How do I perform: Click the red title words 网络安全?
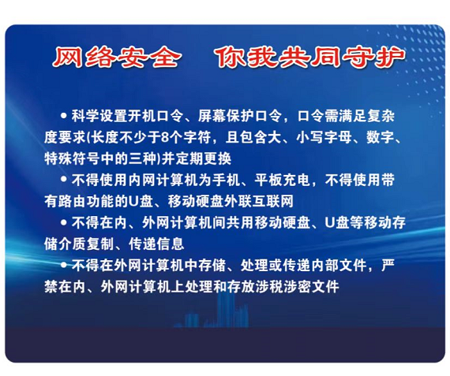pos(117,58)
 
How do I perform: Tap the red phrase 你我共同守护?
pos(311,58)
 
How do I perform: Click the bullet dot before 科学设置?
pos(64,115)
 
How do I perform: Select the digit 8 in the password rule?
pos(165,137)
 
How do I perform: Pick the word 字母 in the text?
pos(338,137)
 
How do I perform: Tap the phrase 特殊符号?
pos(73,158)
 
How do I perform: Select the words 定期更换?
pos(204,158)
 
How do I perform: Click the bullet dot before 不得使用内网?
pos(64,179)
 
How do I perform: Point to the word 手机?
pos(226,180)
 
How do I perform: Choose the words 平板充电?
pos(282,180)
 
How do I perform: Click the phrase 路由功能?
pos(86,201)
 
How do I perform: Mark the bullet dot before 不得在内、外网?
pos(64,222)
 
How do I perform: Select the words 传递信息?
pos(156,244)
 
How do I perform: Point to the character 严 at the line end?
pos(388,265)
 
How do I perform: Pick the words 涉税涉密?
pos(283,286)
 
